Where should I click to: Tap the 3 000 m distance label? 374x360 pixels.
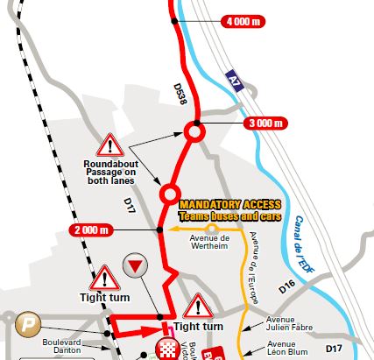tap(266, 124)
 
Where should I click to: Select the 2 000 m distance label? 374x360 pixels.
tap(91, 230)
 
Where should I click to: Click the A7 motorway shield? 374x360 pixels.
tap(232, 79)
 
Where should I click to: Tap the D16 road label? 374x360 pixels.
tap(286, 286)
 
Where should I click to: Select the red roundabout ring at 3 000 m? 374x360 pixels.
tap(194, 132)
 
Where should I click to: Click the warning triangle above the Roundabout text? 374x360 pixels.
tap(111, 145)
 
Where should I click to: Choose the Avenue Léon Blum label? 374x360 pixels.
tap(290, 348)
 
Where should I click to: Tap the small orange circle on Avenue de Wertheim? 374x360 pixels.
tap(211, 229)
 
